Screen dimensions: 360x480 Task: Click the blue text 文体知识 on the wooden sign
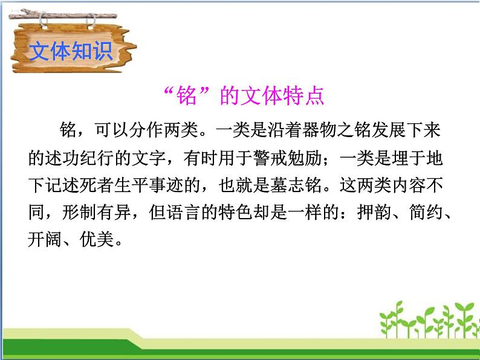[71, 51]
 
